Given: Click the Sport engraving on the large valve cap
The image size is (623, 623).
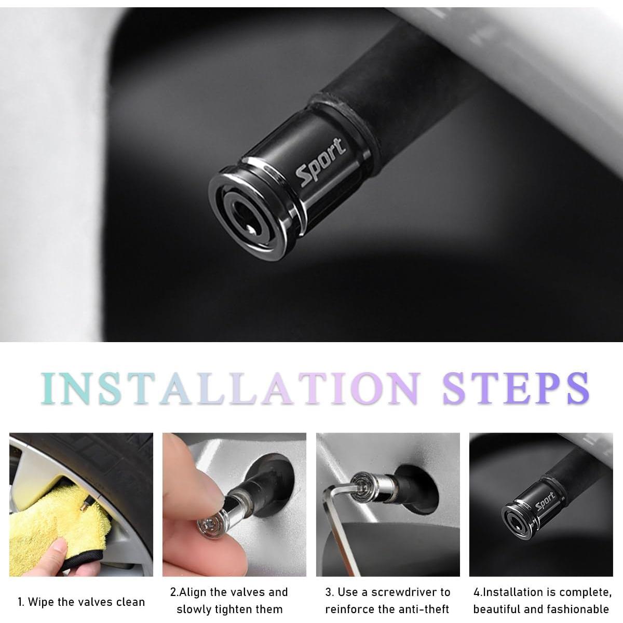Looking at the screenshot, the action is tap(321, 162).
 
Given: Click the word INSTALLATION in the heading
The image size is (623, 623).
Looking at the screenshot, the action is tap(230, 388).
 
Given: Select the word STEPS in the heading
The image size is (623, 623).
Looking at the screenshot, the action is tap(516, 388).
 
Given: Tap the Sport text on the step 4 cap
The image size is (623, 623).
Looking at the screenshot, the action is tap(545, 502).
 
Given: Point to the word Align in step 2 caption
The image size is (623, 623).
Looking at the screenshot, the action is tap(193, 592).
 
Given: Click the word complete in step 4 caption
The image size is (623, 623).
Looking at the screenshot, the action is tap(585, 592).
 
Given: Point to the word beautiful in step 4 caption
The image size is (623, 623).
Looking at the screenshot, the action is tap(497, 610).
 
